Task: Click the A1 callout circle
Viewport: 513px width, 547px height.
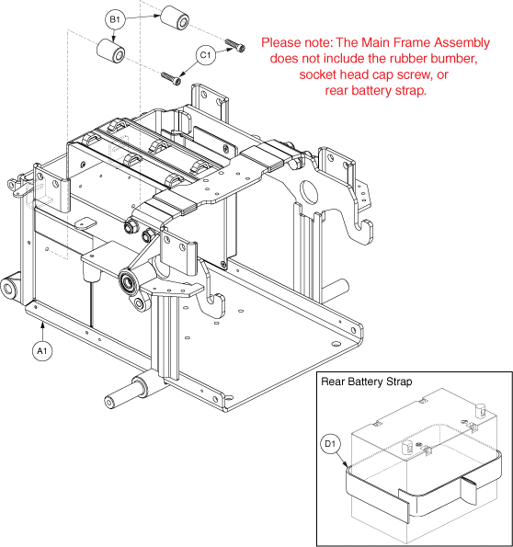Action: point(42,350)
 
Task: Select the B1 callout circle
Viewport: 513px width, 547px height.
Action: point(115,19)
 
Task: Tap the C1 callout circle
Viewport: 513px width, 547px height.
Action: point(206,55)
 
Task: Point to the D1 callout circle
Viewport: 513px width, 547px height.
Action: point(330,444)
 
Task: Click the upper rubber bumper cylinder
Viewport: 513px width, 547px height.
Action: point(175,17)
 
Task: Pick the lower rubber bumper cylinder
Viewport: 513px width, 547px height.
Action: point(110,51)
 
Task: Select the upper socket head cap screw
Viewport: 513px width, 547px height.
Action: point(235,45)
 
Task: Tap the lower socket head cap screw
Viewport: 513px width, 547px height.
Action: point(171,78)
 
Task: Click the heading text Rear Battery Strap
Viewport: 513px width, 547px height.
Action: point(367,382)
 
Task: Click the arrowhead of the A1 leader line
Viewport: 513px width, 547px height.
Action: point(42,325)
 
